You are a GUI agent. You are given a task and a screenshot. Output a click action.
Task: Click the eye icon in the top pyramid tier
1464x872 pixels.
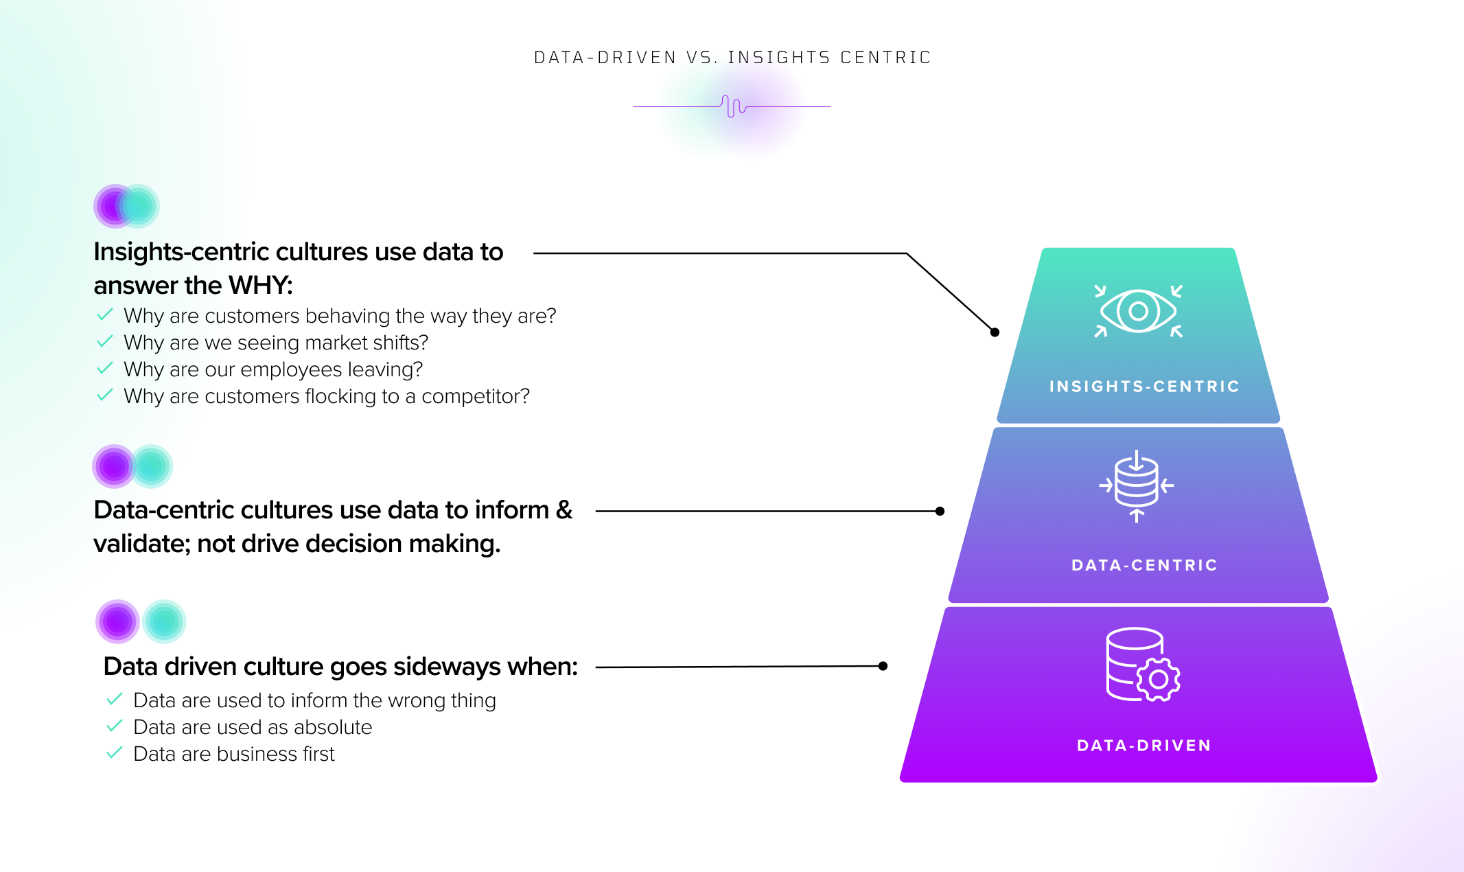click(1138, 311)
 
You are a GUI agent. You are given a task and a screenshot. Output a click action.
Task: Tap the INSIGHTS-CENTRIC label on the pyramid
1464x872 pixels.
click(1144, 387)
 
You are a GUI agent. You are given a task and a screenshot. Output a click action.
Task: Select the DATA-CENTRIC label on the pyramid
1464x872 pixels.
click(1144, 565)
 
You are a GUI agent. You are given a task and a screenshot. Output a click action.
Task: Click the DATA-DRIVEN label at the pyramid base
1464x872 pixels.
click(1144, 746)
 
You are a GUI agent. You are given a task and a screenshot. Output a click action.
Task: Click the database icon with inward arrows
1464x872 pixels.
click(1137, 485)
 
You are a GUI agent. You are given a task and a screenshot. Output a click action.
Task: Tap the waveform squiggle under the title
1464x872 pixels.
click(733, 106)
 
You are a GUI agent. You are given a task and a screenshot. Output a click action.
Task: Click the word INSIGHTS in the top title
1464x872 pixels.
click(779, 58)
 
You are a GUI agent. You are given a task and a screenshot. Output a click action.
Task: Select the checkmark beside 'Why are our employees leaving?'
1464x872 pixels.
click(105, 369)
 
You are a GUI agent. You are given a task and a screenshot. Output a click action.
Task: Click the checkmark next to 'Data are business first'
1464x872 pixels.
click(115, 753)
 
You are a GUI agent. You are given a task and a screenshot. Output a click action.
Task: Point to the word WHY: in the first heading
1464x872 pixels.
click(260, 285)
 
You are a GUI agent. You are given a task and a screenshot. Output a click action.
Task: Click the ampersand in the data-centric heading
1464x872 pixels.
click(564, 510)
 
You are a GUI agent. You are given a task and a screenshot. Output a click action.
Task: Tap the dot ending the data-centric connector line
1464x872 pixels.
click(940, 512)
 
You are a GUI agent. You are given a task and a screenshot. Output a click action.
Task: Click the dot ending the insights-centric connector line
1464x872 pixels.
click(995, 332)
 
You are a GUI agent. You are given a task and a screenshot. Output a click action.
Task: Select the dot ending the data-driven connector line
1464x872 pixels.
click(883, 666)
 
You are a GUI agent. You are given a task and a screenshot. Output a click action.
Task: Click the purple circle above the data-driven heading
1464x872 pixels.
click(117, 621)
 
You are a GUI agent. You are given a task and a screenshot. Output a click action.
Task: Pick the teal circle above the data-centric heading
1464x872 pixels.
click(151, 467)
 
